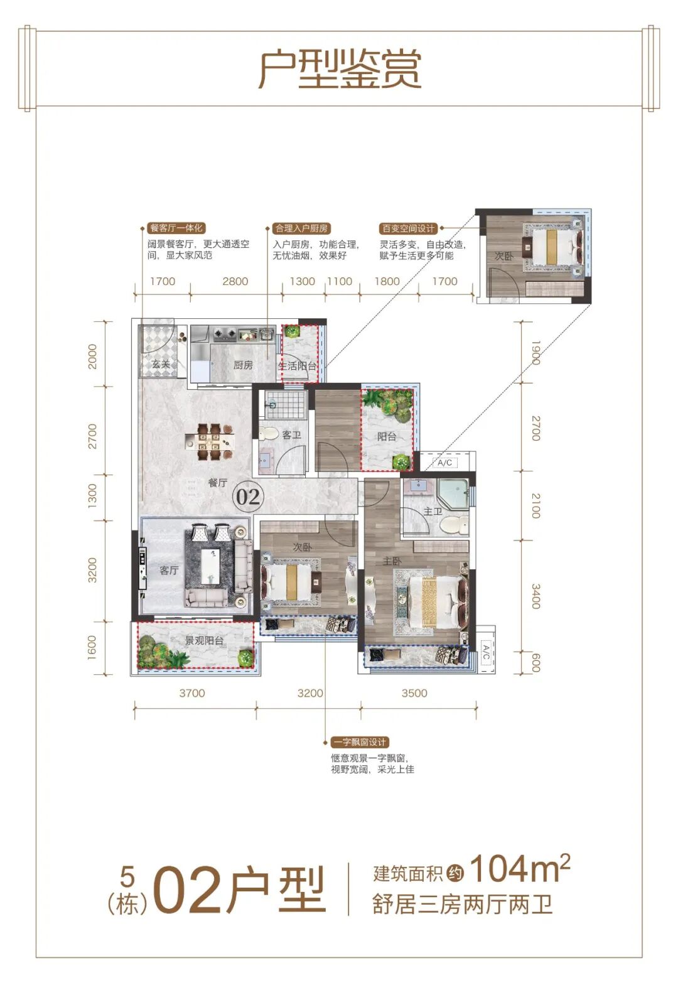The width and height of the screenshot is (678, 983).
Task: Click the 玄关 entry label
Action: point(161,364)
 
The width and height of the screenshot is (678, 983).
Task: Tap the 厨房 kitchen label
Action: point(243,365)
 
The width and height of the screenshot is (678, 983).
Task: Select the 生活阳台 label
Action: point(297,366)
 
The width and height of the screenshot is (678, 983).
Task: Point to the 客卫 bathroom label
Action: point(291,435)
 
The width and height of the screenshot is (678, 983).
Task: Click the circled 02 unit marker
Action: point(248,497)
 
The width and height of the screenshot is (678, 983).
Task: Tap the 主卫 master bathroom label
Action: point(433,511)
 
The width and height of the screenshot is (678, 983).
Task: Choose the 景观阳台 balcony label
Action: point(204,640)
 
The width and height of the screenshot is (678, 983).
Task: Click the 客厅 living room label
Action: point(169,570)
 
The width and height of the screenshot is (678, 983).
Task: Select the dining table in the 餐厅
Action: point(209,441)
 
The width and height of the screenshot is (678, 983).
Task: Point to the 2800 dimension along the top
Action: point(235,281)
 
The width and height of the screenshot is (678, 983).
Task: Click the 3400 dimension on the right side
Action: point(536,596)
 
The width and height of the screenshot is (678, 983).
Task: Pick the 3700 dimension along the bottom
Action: point(192,693)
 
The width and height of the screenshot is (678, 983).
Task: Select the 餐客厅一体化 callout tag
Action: point(176,228)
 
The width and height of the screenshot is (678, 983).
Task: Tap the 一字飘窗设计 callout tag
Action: point(360,742)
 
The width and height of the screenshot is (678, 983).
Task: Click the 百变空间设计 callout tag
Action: point(408,228)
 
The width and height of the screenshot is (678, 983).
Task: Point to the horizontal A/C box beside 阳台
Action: point(445,463)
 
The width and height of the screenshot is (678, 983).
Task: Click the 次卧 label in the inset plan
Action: point(503,255)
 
